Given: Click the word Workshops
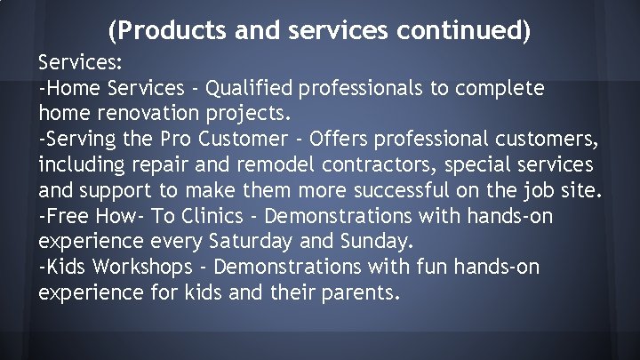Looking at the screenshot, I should [x=142, y=266].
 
